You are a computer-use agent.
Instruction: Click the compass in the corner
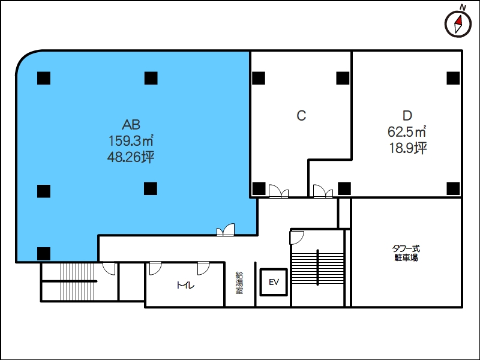click(458, 25)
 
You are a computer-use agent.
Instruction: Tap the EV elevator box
click(274, 282)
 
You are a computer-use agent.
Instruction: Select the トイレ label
click(185, 286)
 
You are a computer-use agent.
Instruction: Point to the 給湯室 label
click(239, 283)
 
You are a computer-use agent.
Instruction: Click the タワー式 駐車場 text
click(406, 253)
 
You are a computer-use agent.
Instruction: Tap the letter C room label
click(301, 116)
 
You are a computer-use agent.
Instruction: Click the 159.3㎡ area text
click(131, 141)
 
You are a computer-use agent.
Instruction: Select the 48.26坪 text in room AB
click(131, 157)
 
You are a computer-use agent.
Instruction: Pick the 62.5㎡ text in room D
click(407, 131)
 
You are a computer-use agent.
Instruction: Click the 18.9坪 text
click(408, 148)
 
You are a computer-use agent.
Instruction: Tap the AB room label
click(131, 125)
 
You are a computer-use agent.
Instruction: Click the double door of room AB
click(226, 230)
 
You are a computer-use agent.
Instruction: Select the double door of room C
click(278, 191)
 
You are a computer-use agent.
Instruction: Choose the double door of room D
click(323, 191)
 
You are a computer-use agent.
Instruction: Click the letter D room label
click(407, 116)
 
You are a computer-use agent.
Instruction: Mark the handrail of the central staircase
click(317, 268)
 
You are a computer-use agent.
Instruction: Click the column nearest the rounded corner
click(44, 78)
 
